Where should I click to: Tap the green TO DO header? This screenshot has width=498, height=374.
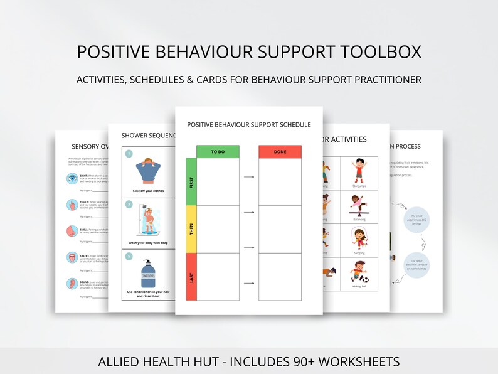pos(218,151)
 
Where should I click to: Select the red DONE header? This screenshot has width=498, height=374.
pos(280,151)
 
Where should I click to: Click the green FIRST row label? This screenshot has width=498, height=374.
pos(191,182)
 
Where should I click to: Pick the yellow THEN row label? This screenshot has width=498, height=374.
pos(191,229)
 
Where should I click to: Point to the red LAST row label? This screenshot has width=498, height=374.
pos(191,277)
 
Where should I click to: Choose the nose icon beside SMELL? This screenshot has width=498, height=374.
pos(72,231)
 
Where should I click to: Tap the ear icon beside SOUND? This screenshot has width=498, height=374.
pos(72,283)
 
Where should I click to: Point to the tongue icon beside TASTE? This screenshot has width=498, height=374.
pos(72,257)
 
